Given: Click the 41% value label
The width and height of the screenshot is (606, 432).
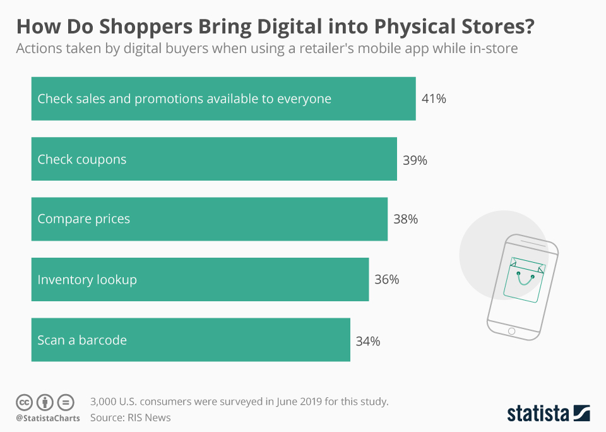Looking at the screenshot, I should point(434,99).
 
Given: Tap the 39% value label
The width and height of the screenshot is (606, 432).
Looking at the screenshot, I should point(415,160).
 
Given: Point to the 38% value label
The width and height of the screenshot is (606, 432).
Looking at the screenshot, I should point(405,220).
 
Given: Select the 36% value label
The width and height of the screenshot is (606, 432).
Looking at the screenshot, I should point(386,279).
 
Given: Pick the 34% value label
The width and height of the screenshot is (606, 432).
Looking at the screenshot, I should point(367,341).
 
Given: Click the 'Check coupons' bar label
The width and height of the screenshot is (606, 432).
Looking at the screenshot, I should point(82,160).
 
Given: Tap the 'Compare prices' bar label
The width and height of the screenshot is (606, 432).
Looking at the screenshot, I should point(83,219).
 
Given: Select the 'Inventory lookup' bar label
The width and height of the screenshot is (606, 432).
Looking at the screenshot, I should point(87,279).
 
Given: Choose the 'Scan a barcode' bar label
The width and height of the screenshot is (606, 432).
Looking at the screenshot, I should point(82,340).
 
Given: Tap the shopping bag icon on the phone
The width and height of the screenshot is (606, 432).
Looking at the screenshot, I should point(524,279).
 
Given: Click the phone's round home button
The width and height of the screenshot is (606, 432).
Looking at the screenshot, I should point(511,331).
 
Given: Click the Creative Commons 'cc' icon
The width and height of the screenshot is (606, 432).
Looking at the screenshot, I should point(24,402).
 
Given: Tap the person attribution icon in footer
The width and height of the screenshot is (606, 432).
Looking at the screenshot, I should point(45,402).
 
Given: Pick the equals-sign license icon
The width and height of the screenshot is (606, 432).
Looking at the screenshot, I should point(66,402).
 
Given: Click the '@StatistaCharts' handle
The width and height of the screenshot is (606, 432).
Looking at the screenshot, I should point(48,418).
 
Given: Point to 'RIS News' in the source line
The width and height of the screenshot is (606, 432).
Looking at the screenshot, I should point(150,417).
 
